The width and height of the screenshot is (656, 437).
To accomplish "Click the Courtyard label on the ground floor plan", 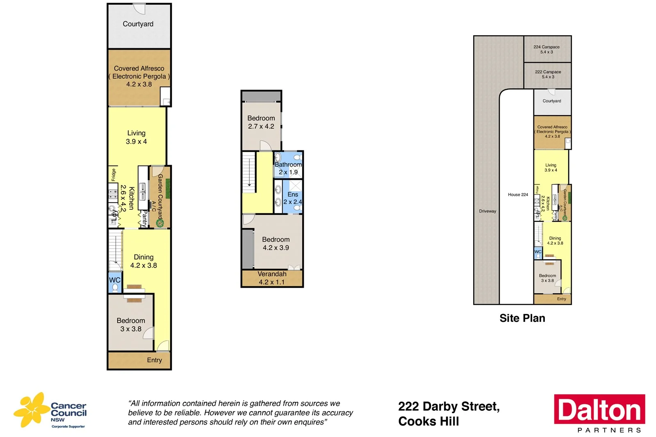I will [x=138, y=24].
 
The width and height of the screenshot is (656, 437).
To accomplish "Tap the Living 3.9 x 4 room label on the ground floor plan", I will [x=136, y=137].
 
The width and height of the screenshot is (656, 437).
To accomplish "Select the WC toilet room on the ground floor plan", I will [x=115, y=282].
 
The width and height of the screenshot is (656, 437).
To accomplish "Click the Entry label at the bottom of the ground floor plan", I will [x=154, y=360].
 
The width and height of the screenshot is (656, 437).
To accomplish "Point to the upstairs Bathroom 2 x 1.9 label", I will [x=288, y=168].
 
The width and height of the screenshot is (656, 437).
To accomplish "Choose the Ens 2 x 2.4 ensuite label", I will [x=293, y=198].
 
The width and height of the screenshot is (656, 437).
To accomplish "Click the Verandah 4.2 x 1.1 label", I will [x=272, y=278].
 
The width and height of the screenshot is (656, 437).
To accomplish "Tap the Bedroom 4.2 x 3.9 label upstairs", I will [x=276, y=244].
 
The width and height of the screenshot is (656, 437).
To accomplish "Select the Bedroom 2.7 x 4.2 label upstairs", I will [x=261, y=122].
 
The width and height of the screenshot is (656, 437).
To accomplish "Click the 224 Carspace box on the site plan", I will [x=547, y=49].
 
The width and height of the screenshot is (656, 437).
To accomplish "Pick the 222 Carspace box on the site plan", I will [x=548, y=75].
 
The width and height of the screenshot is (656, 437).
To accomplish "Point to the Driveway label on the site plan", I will [x=487, y=211].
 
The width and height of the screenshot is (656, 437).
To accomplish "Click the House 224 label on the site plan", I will [x=518, y=195].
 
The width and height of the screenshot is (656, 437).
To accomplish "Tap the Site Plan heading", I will [x=522, y=318].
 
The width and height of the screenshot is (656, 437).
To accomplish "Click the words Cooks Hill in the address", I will [x=428, y=421].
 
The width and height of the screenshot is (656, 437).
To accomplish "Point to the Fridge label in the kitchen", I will [x=114, y=175].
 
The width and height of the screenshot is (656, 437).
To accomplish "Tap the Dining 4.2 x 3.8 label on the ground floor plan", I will [x=143, y=261].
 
